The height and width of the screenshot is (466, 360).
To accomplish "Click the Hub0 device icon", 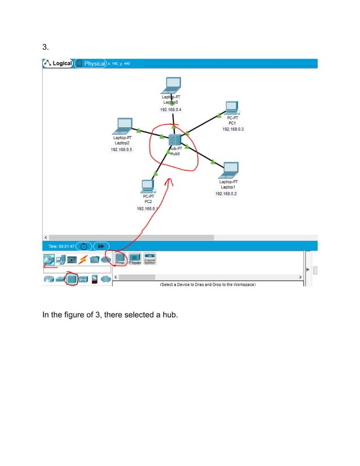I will click(174, 140).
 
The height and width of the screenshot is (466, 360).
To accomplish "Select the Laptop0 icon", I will click(171, 85).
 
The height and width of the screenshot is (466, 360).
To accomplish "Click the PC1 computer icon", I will click(231, 108).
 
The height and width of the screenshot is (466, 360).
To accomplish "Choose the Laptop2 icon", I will click(123, 125).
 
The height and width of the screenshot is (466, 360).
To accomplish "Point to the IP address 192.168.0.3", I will click(232, 129).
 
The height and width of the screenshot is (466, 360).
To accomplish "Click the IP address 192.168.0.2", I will click(226, 194).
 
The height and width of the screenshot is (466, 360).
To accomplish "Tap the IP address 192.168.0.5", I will click(121, 150).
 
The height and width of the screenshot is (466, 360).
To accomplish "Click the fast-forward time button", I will click(101, 246).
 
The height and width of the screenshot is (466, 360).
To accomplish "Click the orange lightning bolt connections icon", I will click(83, 260).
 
